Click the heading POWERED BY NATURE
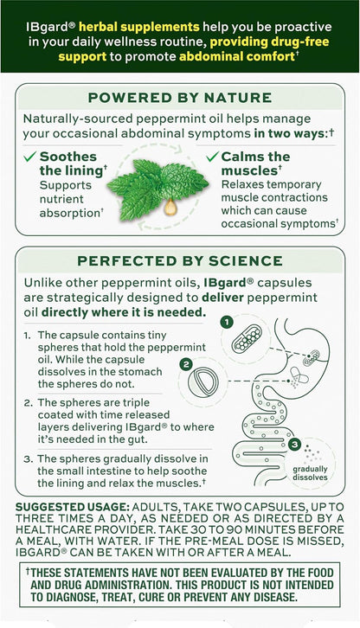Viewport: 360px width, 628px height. point(180,98)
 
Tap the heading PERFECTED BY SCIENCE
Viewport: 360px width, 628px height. point(180,261)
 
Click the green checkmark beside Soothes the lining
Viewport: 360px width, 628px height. point(30,157)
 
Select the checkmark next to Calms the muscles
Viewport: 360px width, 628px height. point(213,157)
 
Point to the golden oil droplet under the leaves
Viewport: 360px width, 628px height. point(170,207)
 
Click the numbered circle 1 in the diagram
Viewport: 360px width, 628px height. point(227,322)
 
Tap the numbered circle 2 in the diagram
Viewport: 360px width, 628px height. point(186,364)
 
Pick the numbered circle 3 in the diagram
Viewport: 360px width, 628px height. point(294,444)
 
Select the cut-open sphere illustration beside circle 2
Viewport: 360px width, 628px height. point(203,381)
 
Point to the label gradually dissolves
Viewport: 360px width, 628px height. point(310,473)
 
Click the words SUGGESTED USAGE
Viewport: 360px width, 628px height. point(73,507)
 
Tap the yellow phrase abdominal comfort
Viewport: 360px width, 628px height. point(237,56)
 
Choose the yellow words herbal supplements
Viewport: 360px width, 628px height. point(139,27)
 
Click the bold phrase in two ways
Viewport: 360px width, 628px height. point(291,133)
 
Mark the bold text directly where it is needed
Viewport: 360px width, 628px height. point(124,312)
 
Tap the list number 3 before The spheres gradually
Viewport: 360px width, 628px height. point(27,459)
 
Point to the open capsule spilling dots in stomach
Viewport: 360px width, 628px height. point(299,377)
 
